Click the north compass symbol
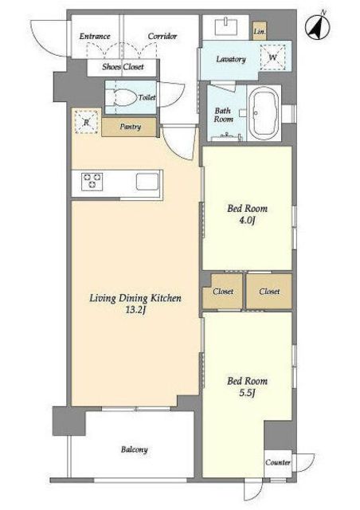point(318,26)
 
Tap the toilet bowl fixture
point(124,97)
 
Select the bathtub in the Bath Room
point(264,113)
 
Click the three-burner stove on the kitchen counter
point(92,182)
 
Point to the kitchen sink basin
point(147,182)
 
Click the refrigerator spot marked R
point(87,122)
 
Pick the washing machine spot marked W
point(273,57)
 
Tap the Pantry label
point(130,127)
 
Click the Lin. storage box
point(260,31)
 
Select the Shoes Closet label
point(123,67)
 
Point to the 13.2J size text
point(135,310)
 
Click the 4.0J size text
point(247,221)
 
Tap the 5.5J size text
point(247,393)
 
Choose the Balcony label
point(135,449)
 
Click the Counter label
point(278,462)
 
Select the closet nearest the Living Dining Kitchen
point(223,291)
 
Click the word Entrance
point(95,36)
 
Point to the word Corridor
point(162,36)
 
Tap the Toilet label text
point(147,97)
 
